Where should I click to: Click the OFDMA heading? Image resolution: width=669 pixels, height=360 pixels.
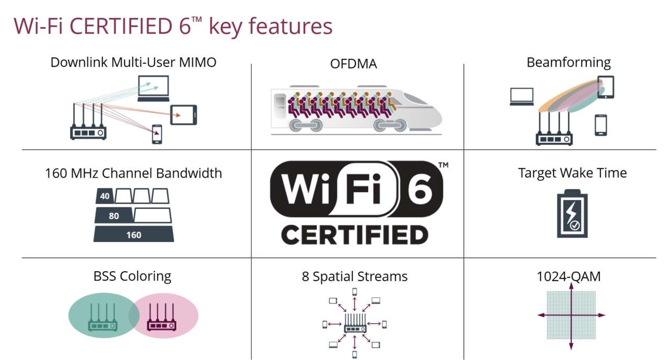[353, 64]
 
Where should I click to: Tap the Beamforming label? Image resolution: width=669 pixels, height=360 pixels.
[568, 63]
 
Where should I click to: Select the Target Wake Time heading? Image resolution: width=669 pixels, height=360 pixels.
[572, 173]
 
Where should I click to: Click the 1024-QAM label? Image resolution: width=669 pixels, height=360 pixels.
[569, 276]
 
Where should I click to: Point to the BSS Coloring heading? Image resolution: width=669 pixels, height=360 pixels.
[132, 276]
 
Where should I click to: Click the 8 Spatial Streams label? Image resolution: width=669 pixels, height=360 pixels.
[354, 276]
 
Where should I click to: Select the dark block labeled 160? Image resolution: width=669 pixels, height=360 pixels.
[134, 235]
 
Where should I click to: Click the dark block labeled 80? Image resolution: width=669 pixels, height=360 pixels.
[113, 216]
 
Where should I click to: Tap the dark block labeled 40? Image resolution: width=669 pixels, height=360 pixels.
[105, 196]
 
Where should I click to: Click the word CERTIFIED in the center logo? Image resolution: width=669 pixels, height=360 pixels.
[354, 235]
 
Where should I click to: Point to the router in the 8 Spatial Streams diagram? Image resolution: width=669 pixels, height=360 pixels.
[354, 324]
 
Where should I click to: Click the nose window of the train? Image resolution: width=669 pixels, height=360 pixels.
[416, 99]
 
